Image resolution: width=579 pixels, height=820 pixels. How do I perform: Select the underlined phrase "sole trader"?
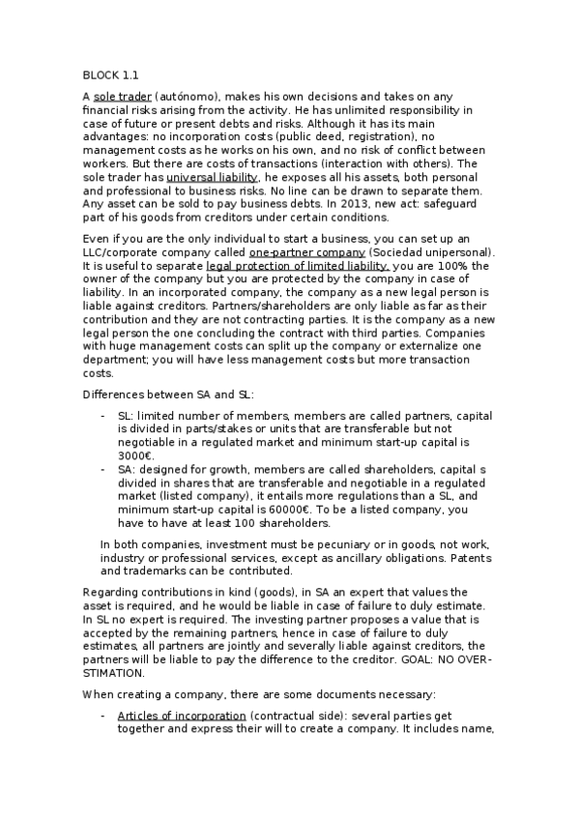click(x=121, y=97)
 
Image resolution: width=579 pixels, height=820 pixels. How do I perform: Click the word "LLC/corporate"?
click(x=121, y=252)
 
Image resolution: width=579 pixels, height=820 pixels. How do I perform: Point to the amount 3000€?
click(x=135, y=456)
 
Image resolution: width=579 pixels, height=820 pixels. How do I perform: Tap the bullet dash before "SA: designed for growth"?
click(x=103, y=469)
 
